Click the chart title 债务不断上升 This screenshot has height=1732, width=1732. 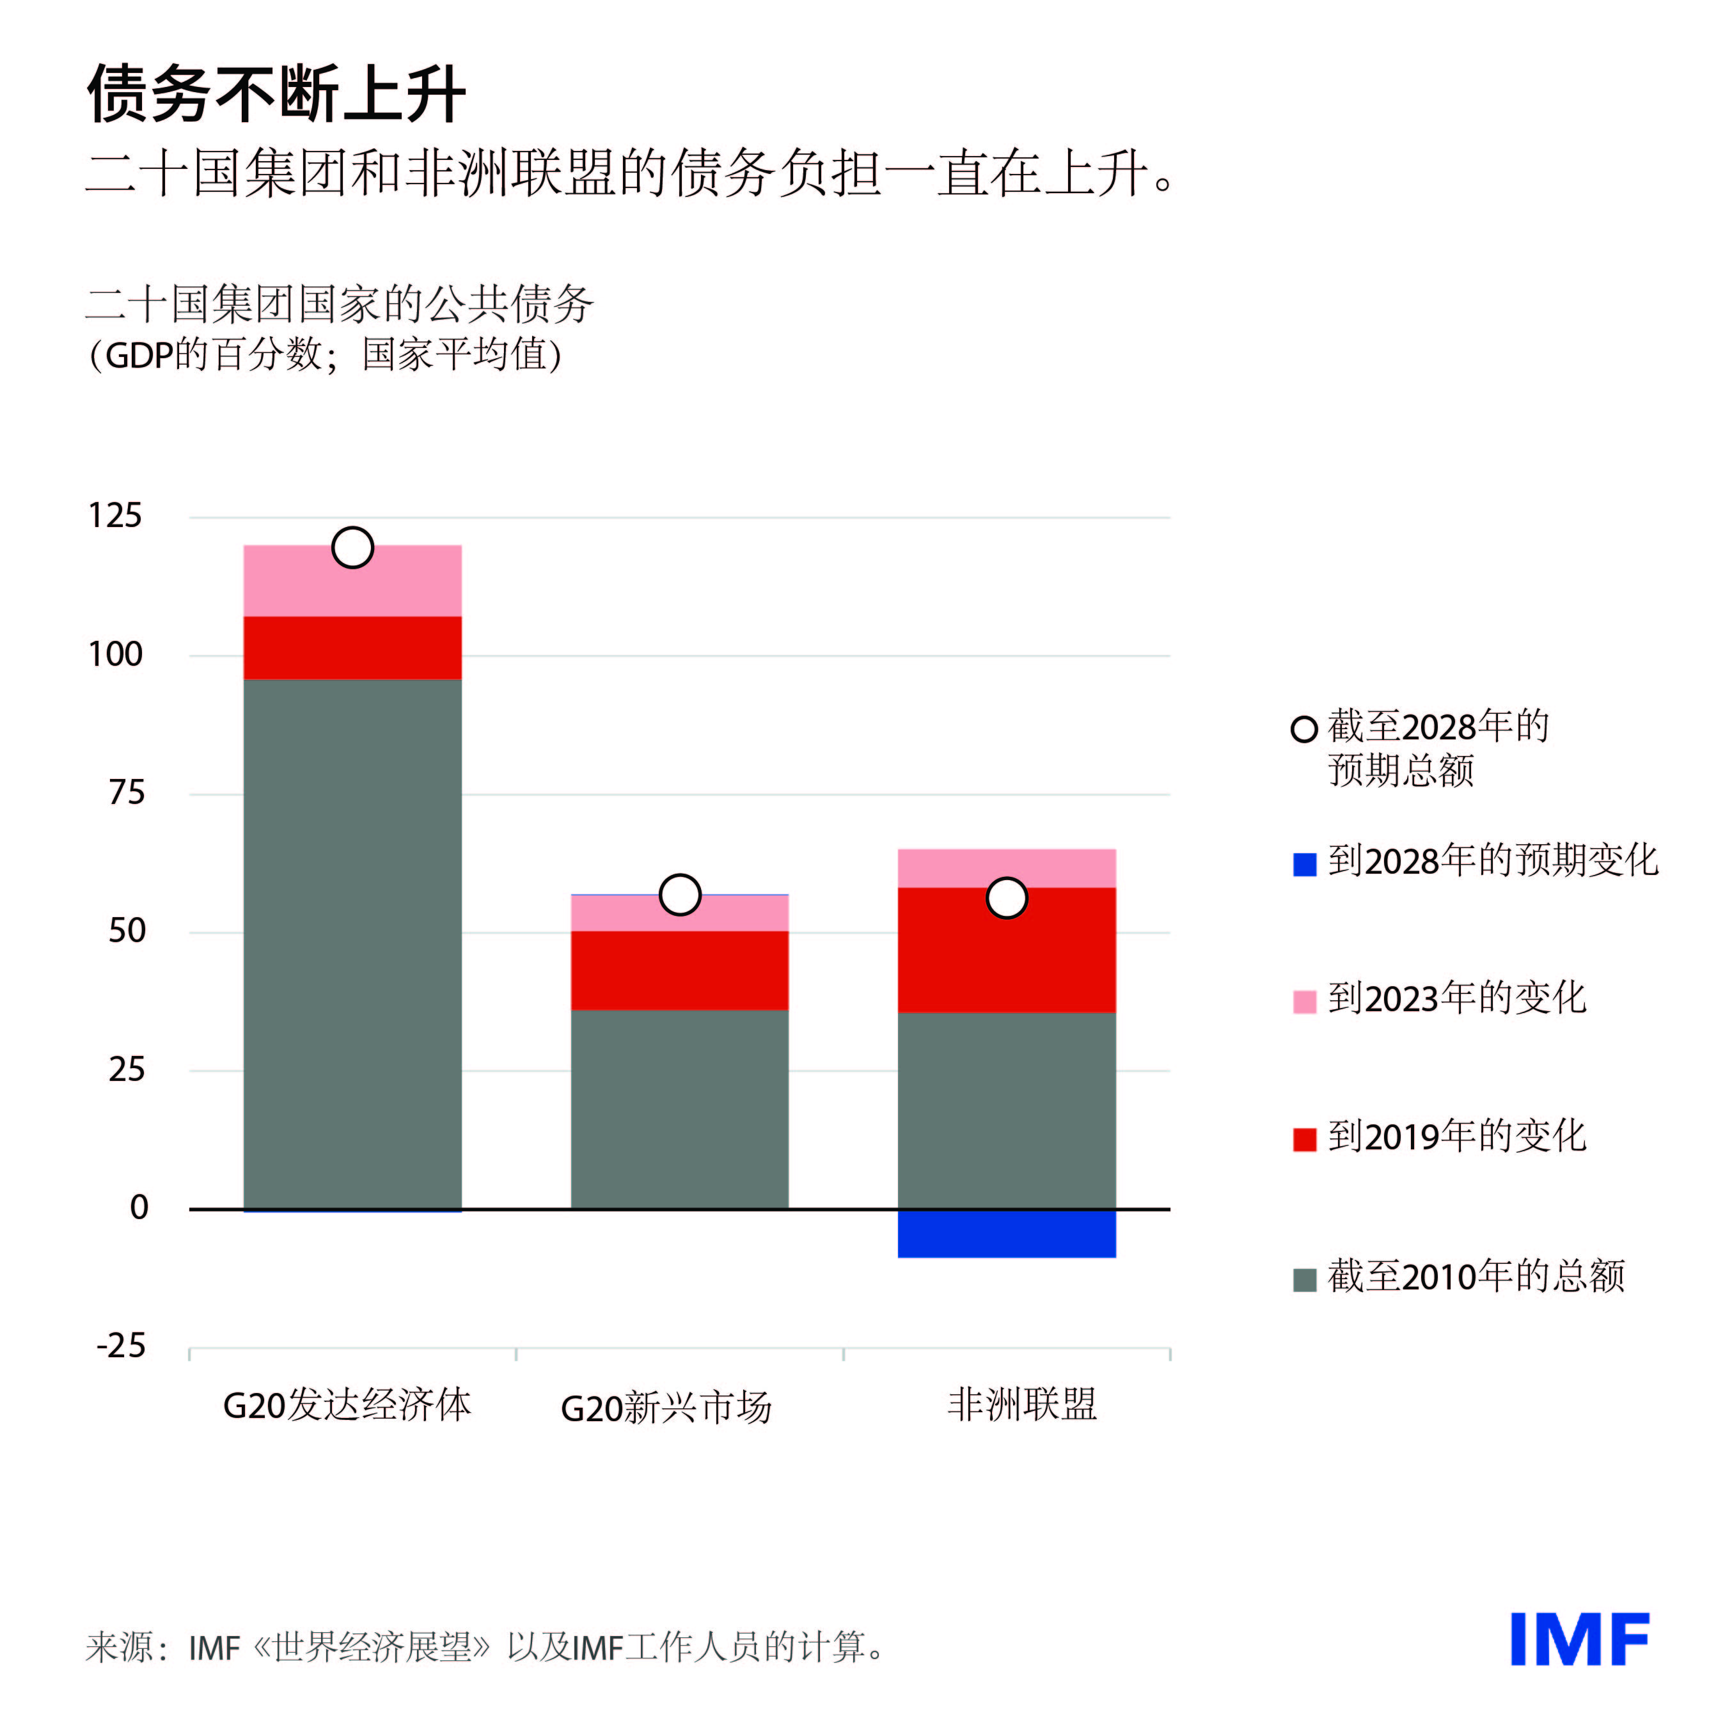[x=276, y=93]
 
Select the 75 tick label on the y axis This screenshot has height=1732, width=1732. [x=127, y=793]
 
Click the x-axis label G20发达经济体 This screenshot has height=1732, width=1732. [x=347, y=1404]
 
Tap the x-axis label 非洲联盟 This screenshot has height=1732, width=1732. [x=1022, y=1404]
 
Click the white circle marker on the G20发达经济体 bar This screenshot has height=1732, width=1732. [x=352, y=547]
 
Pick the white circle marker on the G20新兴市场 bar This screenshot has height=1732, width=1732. [x=679, y=894]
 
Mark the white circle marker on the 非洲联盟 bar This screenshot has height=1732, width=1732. [x=1006, y=897]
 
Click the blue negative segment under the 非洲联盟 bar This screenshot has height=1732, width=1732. [x=1006, y=1234]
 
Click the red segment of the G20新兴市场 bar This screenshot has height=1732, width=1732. [x=679, y=970]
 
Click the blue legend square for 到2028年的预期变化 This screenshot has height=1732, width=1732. [x=1304, y=864]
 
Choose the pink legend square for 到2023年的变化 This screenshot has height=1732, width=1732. [x=1304, y=1002]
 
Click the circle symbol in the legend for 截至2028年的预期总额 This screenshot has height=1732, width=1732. [x=1303, y=729]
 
